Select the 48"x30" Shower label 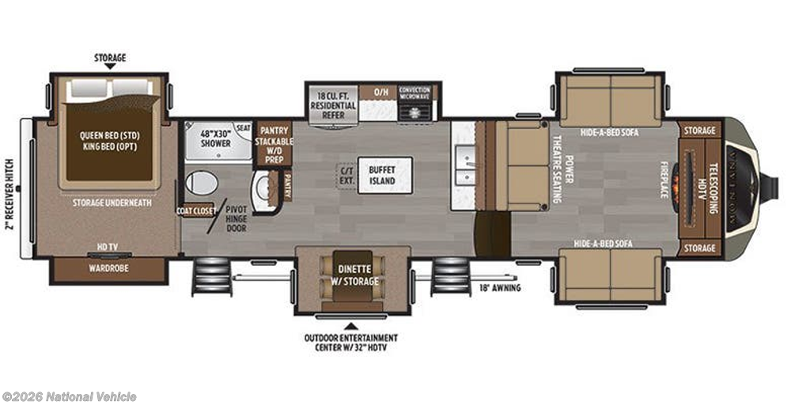215,138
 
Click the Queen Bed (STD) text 109,140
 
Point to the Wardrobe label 108,268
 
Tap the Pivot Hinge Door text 236,218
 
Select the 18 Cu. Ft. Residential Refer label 333,104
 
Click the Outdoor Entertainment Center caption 351,341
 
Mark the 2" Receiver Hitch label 9,189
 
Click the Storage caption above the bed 109,58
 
